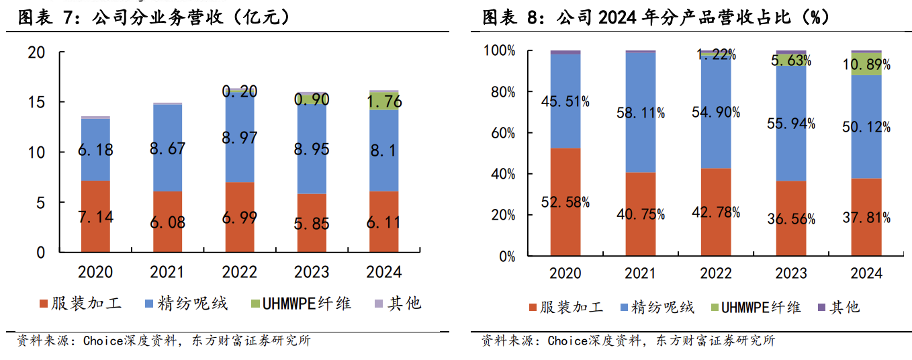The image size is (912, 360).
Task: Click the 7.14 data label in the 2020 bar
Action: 95,216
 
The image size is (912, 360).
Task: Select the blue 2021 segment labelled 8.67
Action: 167,148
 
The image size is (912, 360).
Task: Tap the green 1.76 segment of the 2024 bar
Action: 383,101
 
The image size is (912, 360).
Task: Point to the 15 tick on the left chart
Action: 37,102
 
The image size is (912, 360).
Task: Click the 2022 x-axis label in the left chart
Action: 240,272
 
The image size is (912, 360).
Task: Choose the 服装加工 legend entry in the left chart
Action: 81,304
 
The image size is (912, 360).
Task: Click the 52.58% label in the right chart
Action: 565,202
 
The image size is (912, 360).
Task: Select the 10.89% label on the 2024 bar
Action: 866,65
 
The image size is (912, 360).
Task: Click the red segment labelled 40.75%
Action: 641,214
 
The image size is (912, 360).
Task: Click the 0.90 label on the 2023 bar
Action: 312,99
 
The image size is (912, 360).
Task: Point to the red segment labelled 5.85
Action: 312,223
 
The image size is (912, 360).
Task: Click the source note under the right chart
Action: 628,341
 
